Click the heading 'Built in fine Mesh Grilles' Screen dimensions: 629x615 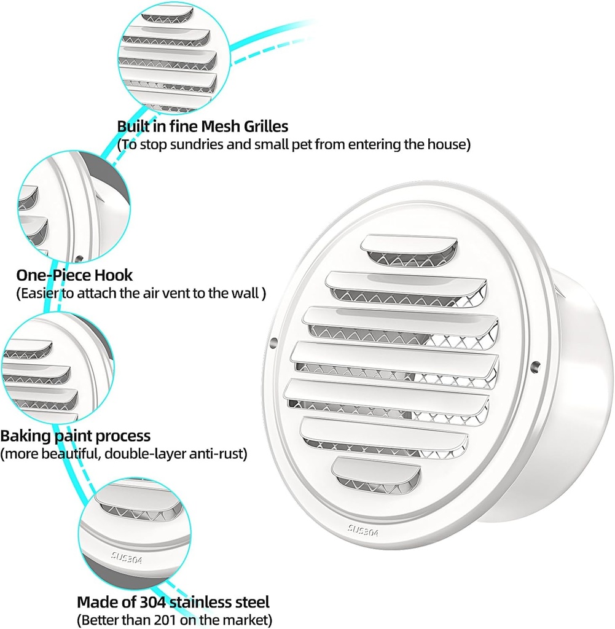click(202, 127)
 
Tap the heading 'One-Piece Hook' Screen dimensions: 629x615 click(74, 275)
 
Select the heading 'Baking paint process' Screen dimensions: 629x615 click(75, 436)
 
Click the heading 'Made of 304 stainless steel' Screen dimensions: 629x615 click(173, 601)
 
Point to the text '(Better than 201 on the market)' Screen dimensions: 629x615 click(174, 619)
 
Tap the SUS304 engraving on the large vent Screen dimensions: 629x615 click(362, 530)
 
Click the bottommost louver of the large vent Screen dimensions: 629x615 click(375, 470)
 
